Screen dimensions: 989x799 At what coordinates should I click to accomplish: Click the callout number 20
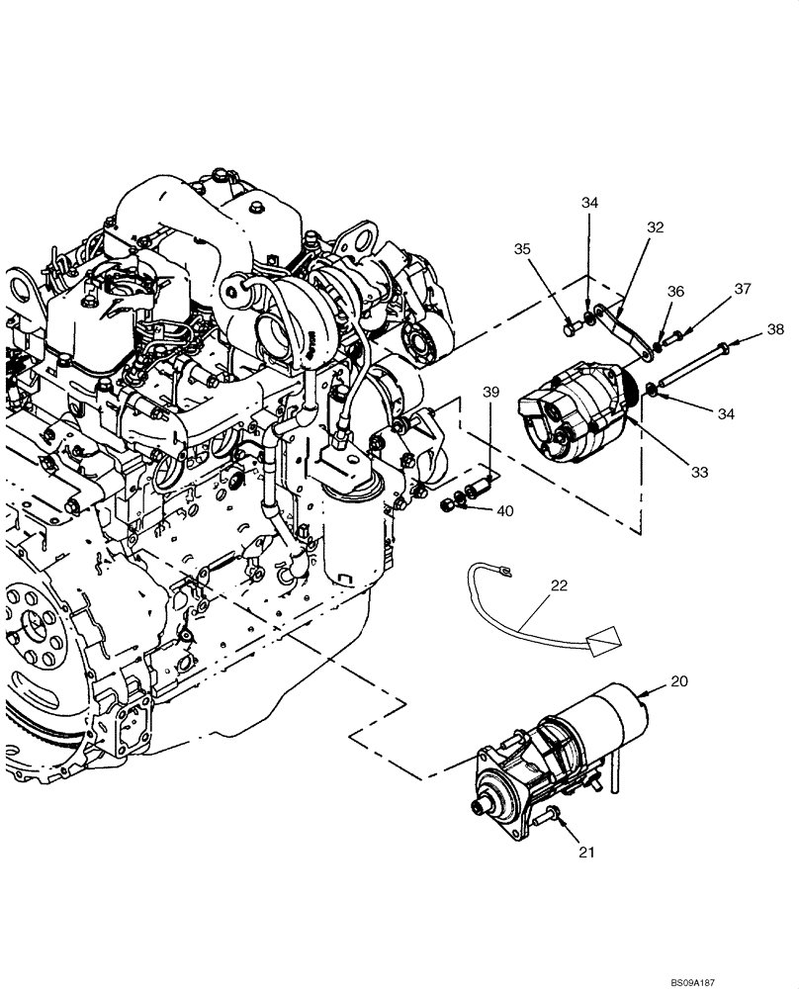(x=679, y=681)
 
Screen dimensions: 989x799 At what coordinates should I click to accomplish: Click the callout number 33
(x=699, y=473)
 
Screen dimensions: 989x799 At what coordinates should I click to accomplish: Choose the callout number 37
(x=742, y=289)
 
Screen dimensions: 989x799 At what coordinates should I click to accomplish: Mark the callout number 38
(x=775, y=330)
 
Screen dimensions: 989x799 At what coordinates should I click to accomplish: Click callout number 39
(x=491, y=394)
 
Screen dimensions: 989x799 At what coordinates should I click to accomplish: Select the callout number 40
(x=505, y=511)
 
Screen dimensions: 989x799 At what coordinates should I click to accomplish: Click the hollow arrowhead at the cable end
(x=603, y=642)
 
